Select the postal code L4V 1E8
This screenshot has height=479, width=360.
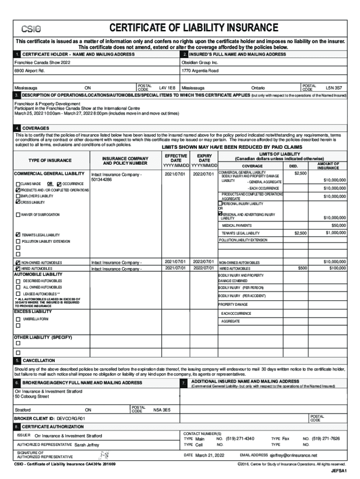(167, 87)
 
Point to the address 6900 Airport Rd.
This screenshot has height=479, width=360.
(29, 71)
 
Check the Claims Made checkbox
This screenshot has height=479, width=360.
(18, 184)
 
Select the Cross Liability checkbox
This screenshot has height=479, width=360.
(18, 202)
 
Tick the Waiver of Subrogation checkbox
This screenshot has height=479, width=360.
(18, 215)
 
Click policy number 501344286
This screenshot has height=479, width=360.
(101, 180)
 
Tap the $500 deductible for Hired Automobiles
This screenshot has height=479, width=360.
(302, 268)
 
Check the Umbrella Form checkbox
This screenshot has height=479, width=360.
(18, 319)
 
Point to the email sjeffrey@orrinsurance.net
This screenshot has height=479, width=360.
(293, 455)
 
